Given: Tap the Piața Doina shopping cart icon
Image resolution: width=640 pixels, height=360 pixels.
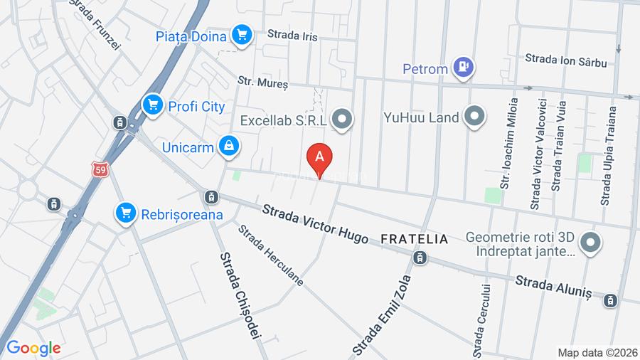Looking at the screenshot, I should tap(242, 35).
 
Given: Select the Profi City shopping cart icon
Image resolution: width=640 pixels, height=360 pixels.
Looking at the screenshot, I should tap(151, 105).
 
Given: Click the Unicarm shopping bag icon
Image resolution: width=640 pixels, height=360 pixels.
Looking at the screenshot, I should tap(228, 147).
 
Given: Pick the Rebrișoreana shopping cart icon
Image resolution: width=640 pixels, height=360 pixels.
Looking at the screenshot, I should tap(126, 213).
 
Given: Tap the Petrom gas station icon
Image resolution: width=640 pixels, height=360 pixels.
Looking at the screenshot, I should tap(464, 68).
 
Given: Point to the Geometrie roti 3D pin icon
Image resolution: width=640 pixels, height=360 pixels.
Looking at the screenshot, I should tap(590, 244).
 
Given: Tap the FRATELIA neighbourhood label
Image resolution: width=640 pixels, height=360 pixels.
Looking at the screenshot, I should tap(415, 239).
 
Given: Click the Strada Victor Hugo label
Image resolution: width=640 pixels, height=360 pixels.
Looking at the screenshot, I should tap(314, 223).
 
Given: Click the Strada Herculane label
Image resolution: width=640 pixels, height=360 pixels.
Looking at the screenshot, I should tap(270, 255).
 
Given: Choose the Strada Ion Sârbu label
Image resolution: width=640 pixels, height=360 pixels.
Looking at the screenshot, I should tap(565, 60).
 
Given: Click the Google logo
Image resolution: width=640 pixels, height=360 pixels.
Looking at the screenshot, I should tap(33, 348).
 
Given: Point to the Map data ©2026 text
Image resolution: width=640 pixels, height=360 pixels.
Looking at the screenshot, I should tap(596, 352).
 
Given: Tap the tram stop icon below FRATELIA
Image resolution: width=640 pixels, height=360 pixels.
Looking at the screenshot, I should tap(422, 257).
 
